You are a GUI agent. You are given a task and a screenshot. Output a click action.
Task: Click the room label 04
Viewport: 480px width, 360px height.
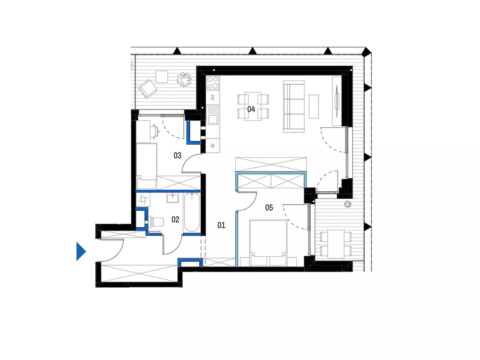coord(251,109)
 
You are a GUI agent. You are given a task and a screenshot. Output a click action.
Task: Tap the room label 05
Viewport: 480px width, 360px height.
coord(269,207)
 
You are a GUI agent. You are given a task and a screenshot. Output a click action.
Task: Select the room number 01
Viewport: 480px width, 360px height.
coord(221,225)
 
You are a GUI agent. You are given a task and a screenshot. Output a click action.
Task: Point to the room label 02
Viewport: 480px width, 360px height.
coord(176,219)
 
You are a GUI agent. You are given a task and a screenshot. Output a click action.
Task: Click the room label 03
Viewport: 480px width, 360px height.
coord(177,155)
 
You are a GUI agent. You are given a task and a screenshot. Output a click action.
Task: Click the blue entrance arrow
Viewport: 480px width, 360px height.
coord(81,251)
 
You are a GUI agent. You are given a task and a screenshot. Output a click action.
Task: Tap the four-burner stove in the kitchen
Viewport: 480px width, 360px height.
coord(213,83)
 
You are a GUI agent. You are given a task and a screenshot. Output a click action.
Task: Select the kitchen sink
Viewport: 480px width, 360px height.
coord(213,115)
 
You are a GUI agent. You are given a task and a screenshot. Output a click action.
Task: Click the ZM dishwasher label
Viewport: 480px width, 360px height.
coord(212,97)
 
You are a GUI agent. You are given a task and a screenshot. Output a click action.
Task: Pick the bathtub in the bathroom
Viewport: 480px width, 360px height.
coord(192,213)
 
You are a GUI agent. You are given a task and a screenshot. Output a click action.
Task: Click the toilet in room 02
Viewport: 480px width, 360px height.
coord(156,222)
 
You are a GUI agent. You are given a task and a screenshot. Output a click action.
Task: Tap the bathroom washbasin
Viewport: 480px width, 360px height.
coord(172,198)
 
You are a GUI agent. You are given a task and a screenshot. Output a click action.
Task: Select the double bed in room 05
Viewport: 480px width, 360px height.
coord(268,243)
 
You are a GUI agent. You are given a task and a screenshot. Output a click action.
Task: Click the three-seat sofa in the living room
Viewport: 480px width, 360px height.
coord(294,107)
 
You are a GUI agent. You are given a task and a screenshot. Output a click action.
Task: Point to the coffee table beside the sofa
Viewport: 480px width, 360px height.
coord(314,106)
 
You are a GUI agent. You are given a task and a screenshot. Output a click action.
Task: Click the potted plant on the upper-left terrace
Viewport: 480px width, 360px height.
coord(184,79)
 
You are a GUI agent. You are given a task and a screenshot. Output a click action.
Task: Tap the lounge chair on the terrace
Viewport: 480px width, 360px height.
coord(147,89)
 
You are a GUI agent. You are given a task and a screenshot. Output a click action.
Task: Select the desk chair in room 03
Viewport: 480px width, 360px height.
coord(155,132)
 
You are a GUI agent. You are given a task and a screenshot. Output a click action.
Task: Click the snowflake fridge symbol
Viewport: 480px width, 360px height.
coord(213,146)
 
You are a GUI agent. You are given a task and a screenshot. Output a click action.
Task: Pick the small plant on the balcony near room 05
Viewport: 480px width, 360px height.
coord(348,204)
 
